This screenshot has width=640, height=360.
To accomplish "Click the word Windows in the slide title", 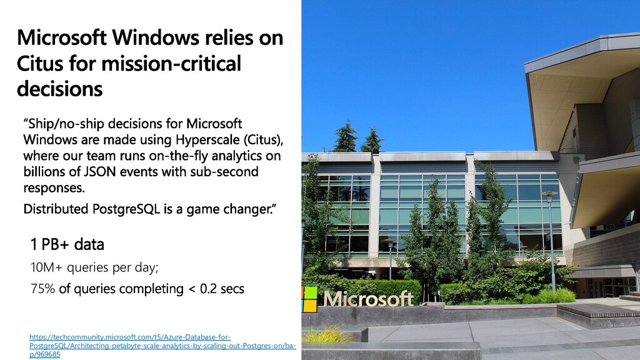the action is click(x=156, y=37).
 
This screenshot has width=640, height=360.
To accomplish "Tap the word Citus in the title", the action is click(x=40, y=64).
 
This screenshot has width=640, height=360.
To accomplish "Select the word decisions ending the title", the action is click(x=59, y=89).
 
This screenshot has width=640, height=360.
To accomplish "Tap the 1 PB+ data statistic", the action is click(x=67, y=244).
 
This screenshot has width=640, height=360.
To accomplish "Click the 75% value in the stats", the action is click(x=42, y=289).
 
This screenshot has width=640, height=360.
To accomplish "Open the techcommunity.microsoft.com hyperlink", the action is click(x=162, y=346).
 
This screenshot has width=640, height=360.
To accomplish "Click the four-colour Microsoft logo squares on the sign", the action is click(x=309, y=299).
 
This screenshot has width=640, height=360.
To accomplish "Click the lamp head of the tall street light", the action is click(x=549, y=194).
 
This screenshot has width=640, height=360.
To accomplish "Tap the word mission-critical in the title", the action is click(x=171, y=64).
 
